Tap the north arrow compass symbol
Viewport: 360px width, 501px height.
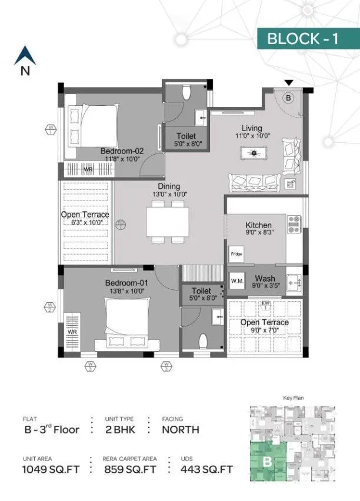pyautogui.click(x=25, y=57)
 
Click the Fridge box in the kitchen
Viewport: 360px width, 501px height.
pyautogui.click(x=236, y=254)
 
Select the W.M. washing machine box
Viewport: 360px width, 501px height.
pyautogui.click(x=237, y=280)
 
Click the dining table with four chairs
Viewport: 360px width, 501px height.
pyautogui.click(x=168, y=222)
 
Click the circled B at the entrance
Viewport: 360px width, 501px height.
pyautogui.click(x=288, y=98)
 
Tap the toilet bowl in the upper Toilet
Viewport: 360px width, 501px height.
pyautogui.click(x=187, y=93)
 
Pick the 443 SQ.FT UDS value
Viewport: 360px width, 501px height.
pyautogui.click(x=199, y=469)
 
